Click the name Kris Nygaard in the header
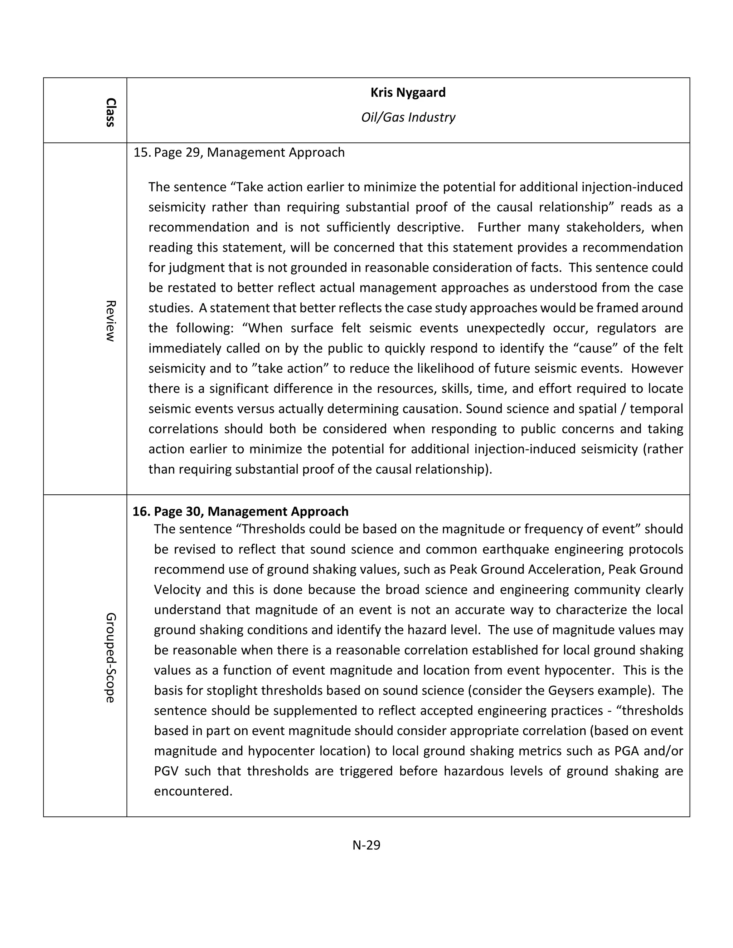coord(408,92)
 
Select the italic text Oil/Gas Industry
coord(408,117)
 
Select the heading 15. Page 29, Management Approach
coord(239,153)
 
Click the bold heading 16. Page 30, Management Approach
coord(240,511)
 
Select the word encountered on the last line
coord(193,791)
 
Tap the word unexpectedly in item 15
coord(505,328)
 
